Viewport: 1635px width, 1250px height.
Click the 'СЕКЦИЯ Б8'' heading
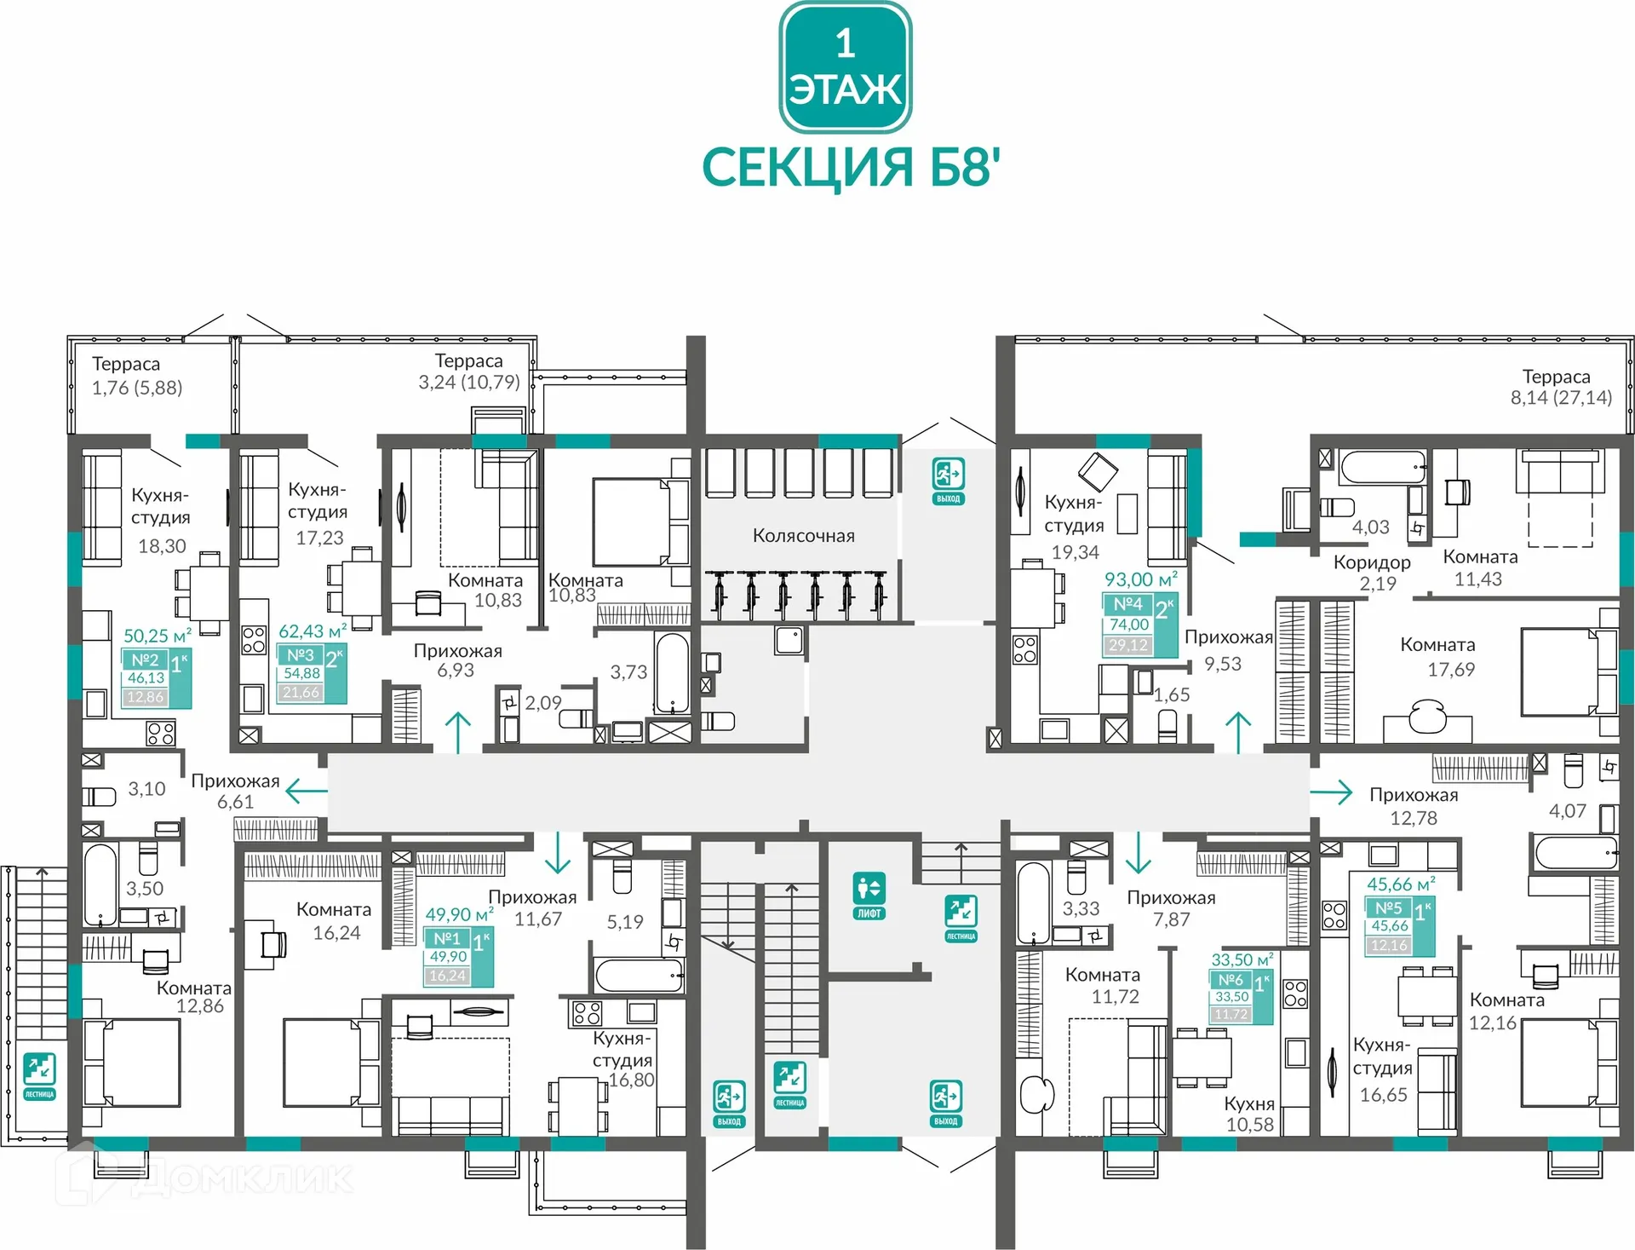coord(850,167)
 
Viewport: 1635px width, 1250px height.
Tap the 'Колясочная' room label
coord(803,536)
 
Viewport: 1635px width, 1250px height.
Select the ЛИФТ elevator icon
coord(869,896)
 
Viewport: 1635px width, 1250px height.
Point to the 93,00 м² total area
coord(1140,579)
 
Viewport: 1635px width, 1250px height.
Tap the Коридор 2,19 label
coord(1372,573)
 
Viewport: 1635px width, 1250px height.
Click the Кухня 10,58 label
coord(1249,1114)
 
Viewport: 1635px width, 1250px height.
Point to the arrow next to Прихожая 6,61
coord(306,791)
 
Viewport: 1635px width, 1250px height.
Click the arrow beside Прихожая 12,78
coord(1331,792)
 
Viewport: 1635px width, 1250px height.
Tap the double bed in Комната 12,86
coord(132,1063)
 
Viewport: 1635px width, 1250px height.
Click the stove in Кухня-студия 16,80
coord(587,1013)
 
